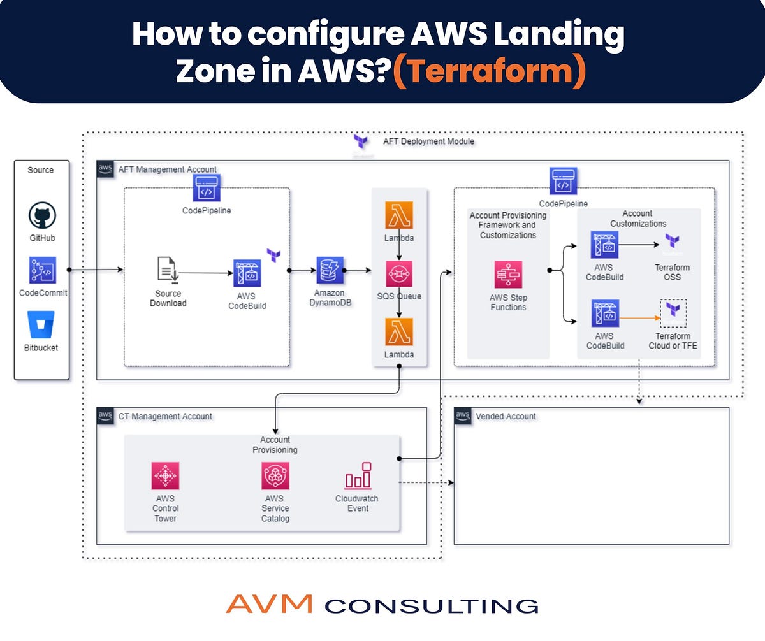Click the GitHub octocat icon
tap(42, 215)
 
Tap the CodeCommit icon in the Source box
tap(43, 270)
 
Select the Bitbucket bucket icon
tap(41, 324)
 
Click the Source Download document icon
tap(168, 270)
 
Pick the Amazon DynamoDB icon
tap(330, 270)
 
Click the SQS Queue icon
tap(399, 273)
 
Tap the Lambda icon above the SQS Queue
tap(399, 215)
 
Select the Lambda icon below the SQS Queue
tap(399, 332)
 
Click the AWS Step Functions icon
tap(508, 275)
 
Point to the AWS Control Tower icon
tap(165, 476)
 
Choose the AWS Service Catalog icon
tap(275, 476)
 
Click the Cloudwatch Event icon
tap(358, 476)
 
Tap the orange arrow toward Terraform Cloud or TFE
tap(639, 318)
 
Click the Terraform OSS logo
tap(673, 241)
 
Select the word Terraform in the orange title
tap(490, 70)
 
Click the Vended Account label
tap(506, 416)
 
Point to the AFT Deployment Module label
tap(428, 141)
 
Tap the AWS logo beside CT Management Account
tap(105, 415)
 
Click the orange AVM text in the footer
tap(269, 603)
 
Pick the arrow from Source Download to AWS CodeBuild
tap(206, 273)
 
